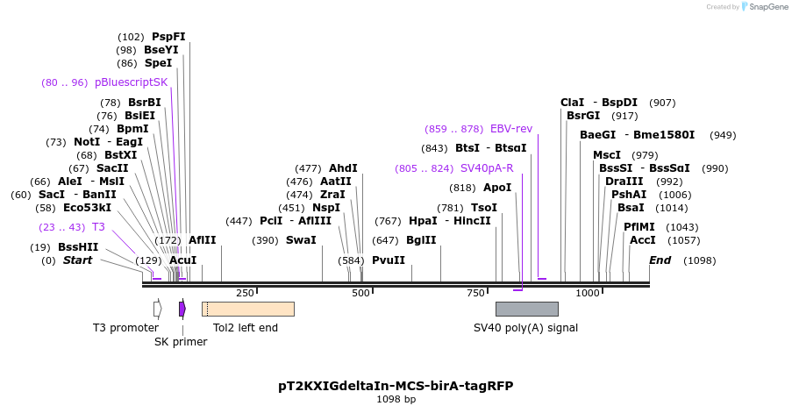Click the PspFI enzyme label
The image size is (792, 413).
[168, 37]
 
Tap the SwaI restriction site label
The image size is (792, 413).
[301, 240]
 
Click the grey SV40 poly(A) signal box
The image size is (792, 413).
[526, 309]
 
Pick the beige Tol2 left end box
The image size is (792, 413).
[247, 309]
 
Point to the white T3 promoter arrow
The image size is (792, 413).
[158, 309]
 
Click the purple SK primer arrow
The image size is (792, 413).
[182, 309]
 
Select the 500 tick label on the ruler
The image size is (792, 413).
[361, 293]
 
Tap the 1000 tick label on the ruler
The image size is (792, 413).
[588, 293]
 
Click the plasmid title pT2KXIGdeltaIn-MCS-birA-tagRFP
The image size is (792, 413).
[396, 386]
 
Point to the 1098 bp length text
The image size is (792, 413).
[396, 400]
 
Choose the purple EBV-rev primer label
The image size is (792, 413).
[511, 129]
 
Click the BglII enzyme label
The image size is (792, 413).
[421, 240]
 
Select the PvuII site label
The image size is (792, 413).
[389, 260]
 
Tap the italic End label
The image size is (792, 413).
[660, 260]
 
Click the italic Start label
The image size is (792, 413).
[77, 260]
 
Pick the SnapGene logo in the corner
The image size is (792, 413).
[760, 7]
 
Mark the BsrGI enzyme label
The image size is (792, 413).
[583, 116]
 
